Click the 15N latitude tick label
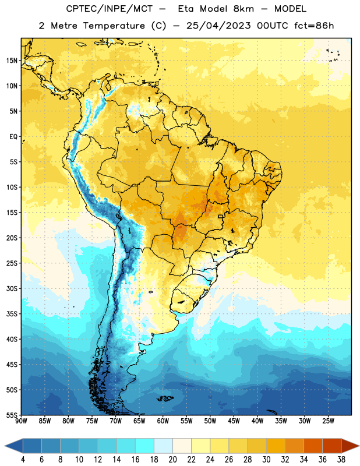(12, 61)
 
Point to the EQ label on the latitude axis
(13, 137)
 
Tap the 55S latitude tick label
(12, 415)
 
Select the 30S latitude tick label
(12, 288)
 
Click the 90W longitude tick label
(21, 421)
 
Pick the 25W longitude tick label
(328, 421)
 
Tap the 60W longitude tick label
(163, 421)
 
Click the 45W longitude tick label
(234, 421)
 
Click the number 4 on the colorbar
(23, 460)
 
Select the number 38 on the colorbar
(341, 460)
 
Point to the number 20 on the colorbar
(172, 460)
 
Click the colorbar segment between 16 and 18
(145, 446)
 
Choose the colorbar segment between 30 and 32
(276, 446)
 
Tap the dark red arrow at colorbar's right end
(350, 446)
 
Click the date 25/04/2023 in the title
(218, 26)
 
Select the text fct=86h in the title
(314, 26)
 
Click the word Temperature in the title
(114, 26)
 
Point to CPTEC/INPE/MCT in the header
(110, 9)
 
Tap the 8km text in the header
(243, 9)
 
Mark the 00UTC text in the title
(273, 26)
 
